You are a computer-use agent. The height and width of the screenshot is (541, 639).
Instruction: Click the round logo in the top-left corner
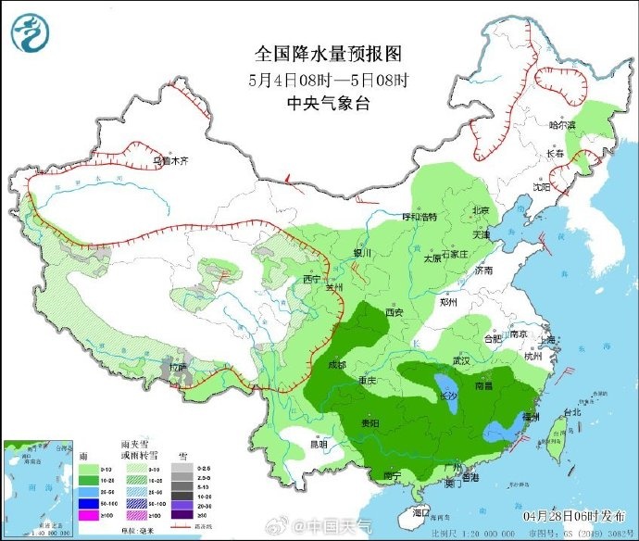click(29, 32)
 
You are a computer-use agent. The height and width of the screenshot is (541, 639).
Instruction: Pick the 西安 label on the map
click(395, 312)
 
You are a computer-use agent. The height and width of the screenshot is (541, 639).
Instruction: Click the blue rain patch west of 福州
click(504, 429)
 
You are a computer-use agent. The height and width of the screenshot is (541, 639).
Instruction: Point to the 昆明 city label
click(318, 444)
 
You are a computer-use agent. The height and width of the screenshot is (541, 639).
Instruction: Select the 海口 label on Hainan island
click(422, 511)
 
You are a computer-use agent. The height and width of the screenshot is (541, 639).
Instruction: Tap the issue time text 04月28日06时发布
click(575, 514)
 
